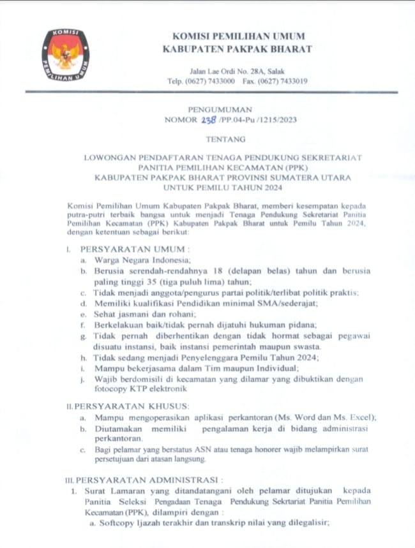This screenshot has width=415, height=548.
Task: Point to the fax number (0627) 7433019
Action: coord(285,82)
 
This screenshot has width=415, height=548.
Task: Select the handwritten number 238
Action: coord(208,119)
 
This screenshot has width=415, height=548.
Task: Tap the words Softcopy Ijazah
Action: coord(128,523)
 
